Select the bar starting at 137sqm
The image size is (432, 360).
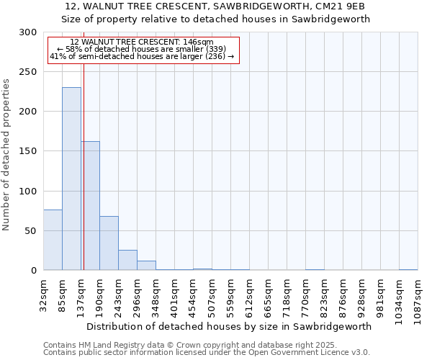point(91,205)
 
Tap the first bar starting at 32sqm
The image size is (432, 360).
point(53,240)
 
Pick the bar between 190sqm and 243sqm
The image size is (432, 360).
point(109,243)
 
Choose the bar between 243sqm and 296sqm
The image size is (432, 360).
point(127,260)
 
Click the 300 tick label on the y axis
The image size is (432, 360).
point(27,32)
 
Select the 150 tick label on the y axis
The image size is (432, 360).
point(27,151)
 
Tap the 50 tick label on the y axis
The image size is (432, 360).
point(30,231)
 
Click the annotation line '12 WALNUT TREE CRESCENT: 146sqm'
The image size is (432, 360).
point(142,42)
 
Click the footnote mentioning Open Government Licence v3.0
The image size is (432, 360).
point(207,353)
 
